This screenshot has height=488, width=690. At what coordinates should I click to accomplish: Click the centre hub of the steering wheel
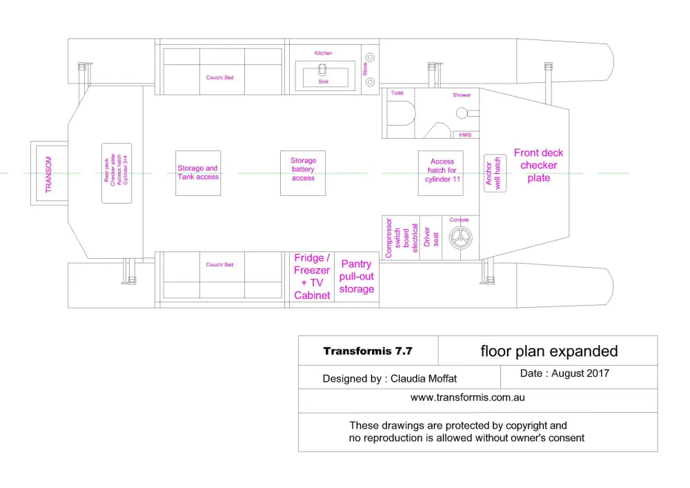coord(460,237)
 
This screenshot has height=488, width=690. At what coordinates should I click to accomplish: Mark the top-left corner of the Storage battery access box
coord(280,151)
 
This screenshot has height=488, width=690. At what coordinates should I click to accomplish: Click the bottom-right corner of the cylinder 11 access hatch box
coord(464,196)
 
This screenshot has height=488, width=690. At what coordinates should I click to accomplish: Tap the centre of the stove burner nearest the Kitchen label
coord(371,57)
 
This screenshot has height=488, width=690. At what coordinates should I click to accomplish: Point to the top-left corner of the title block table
coord(298,336)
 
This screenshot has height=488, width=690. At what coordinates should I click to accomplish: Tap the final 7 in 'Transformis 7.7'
coord(409,351)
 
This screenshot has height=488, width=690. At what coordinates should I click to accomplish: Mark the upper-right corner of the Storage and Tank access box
coord(221,151)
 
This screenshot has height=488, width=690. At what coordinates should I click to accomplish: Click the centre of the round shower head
coord(462,113)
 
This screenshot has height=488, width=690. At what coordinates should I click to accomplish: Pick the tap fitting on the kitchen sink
coord(322,70)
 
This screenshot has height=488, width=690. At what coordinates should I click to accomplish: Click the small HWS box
coord(466,135)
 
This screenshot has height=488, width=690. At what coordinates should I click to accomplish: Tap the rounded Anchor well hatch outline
coord(495,173)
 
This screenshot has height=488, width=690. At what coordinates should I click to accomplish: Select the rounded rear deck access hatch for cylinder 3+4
coord(117,173)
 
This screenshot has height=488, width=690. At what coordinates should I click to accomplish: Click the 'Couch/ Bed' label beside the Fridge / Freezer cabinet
coord(219,264)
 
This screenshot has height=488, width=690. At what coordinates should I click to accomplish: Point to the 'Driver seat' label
coord(431,237)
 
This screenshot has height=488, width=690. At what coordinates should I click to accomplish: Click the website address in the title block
coord(468,398)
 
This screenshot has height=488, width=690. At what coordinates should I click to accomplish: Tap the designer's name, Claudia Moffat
coord(424,378)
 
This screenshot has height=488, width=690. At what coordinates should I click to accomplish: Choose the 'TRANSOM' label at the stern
coord(48,174)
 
